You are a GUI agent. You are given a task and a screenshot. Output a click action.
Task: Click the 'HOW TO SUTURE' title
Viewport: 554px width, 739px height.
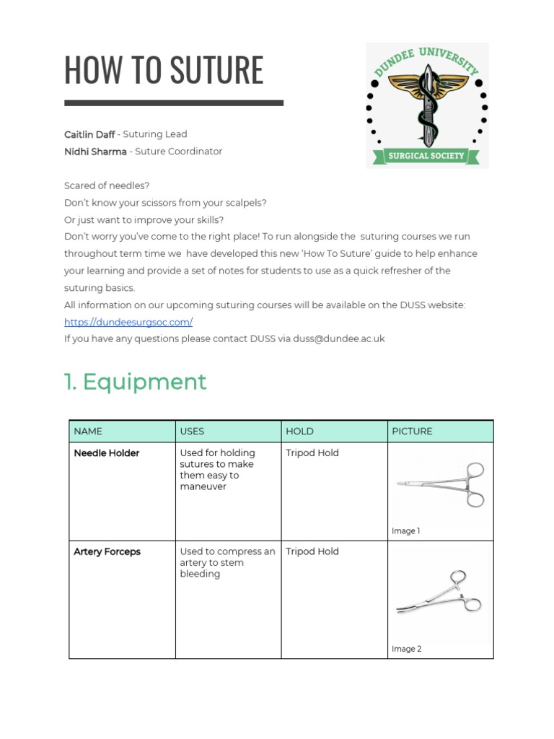coord(164,70)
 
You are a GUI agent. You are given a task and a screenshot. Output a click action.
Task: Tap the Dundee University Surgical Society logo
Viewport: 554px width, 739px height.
coord(427,105)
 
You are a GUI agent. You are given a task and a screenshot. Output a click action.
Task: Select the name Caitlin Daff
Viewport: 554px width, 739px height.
coord(89,134)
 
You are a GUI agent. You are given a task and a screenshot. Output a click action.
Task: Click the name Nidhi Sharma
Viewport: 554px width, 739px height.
coord(95,152)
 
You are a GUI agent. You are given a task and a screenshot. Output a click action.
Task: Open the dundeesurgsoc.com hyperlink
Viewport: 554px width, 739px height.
coord(128,322)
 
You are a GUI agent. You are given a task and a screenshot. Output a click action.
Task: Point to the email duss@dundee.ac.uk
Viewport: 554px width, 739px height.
coord(339,338)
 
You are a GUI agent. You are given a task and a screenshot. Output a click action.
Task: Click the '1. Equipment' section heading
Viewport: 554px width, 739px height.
coord(136,382)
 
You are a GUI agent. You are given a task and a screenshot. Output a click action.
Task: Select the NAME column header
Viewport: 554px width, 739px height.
coord(88,432)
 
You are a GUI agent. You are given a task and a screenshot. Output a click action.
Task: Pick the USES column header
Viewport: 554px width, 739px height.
coord(192,432)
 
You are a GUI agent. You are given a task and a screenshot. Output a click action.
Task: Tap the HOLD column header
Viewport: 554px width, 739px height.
coord(299,432)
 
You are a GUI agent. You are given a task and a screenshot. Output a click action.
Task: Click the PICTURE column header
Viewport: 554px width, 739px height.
coord(412,432)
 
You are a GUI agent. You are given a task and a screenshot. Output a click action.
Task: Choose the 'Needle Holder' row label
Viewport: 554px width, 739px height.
coord(107,453)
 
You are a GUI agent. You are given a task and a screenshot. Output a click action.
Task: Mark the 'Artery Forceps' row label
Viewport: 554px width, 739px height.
coord(107,552)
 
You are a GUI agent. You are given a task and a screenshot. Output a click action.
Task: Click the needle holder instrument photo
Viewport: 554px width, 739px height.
coord(441,484)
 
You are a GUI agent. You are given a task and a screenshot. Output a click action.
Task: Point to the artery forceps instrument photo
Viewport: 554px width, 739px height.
coord(439,593)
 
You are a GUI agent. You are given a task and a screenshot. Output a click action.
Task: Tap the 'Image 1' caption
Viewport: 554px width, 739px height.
coord(406,531)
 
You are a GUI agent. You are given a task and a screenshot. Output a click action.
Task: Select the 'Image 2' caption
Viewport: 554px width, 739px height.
coord(407,649)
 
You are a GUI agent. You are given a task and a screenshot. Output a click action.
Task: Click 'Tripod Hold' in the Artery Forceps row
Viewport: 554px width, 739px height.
coord(312,552)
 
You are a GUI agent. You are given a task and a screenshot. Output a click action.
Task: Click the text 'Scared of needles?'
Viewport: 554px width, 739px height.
coord(107,186)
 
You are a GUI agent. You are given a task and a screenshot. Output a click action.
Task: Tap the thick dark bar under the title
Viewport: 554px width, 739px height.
coord(174,103)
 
